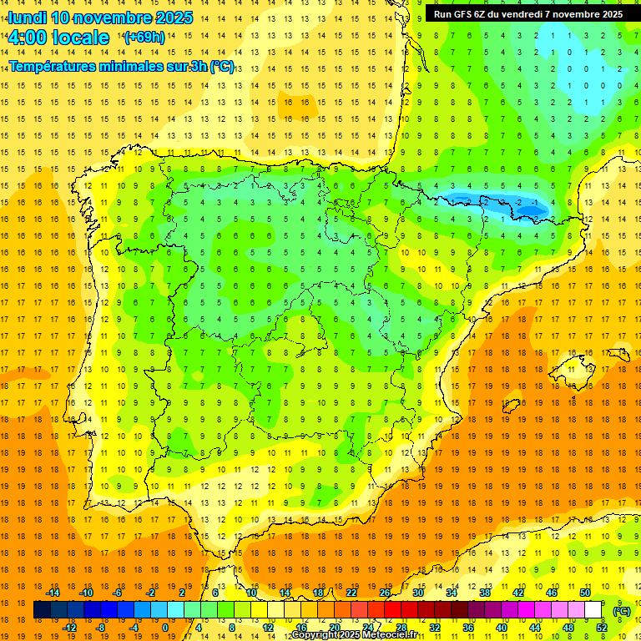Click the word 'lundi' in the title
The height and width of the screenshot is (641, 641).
(28, 18)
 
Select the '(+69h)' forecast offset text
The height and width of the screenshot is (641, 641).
(144, 38)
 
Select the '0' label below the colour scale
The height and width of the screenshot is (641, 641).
(166, 628)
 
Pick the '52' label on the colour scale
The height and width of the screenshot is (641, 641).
(602, 628)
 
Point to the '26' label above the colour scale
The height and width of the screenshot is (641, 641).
(385, 593)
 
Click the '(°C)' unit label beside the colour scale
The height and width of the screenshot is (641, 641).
(622, 611)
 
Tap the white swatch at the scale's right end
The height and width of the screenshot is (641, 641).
(593, 610)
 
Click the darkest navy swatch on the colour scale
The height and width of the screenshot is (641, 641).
(42, 610)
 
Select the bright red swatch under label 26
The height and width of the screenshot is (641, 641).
(392, 610)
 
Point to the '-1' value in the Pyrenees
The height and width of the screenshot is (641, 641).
(534, 203)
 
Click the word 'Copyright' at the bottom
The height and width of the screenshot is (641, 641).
(317, 635)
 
